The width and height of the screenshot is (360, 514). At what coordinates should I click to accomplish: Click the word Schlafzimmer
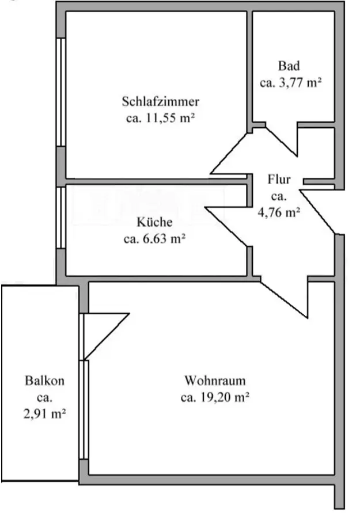[x=160, y=102]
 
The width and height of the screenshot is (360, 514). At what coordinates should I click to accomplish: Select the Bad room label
[x=288, y=66]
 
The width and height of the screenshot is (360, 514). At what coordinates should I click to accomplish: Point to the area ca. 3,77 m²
[x=290, y=82]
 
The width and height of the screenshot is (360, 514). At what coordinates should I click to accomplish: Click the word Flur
[x=279, y=179]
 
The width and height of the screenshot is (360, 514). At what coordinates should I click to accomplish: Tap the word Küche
[x=154, y=222]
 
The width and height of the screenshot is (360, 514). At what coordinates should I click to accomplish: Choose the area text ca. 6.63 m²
[x=154, y=239]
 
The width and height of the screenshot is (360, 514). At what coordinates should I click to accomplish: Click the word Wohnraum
[x=215, y=380]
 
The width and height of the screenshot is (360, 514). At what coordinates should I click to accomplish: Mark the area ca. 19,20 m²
[x=215, y=397]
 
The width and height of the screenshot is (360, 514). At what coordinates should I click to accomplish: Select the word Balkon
[x=44, y=380]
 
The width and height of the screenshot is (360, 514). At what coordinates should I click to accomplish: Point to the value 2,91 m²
[x=44, y=414]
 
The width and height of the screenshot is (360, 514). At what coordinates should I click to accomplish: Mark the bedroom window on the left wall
[x=60, y=92]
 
